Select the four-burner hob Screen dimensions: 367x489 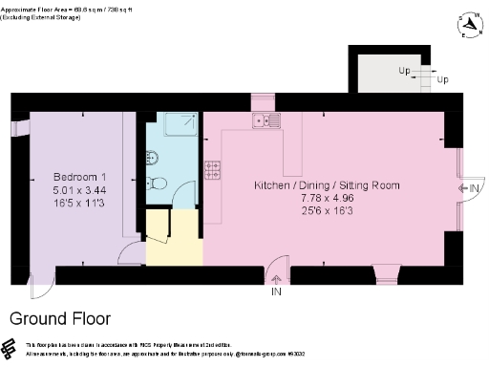click(213, 169)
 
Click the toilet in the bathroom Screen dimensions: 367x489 click(159, 183)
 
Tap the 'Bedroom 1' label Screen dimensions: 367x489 click(79, 178)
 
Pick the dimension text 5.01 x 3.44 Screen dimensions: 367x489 click(79, 190)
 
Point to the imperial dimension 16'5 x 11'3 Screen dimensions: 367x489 click(79, 203)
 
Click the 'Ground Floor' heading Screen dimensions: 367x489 click(60, 318)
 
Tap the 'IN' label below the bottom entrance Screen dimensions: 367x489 click(276, 291)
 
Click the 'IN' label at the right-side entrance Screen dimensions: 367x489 click(474, 188)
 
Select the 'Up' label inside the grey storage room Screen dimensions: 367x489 click(405, 71)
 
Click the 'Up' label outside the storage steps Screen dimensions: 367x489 click(442, 79)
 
